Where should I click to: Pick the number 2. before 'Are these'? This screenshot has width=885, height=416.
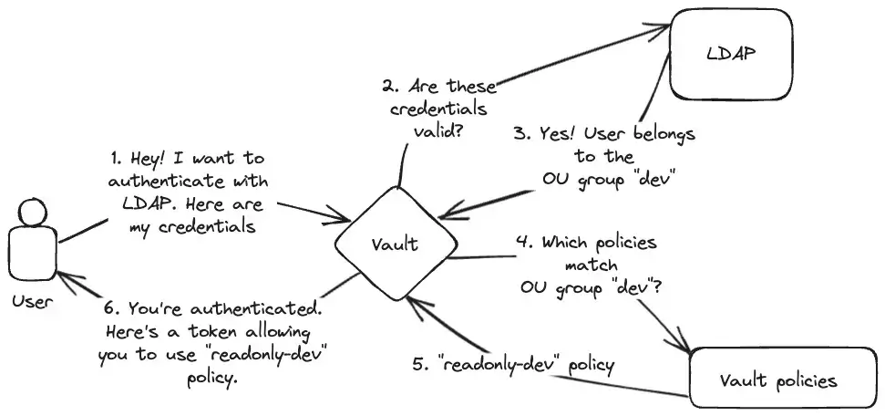(x=391, y=88)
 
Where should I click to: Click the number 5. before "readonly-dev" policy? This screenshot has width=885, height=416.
(x=420, y=365)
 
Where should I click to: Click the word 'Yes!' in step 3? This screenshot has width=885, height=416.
(x=557, y=134)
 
